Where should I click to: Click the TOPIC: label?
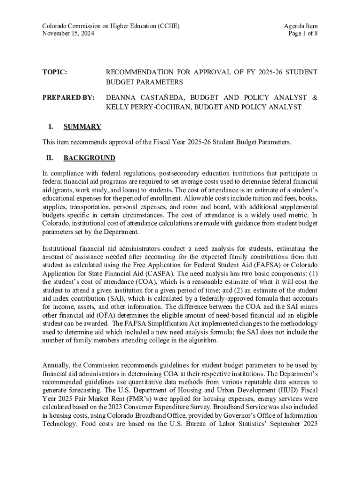click(55, 72)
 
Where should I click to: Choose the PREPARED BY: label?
click(68, 97)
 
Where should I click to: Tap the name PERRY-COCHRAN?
click(160, 108)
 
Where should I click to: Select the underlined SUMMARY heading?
click(82, 126)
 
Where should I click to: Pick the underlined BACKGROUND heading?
click(89, 158)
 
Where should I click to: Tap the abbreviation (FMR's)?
click(140, 399)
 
